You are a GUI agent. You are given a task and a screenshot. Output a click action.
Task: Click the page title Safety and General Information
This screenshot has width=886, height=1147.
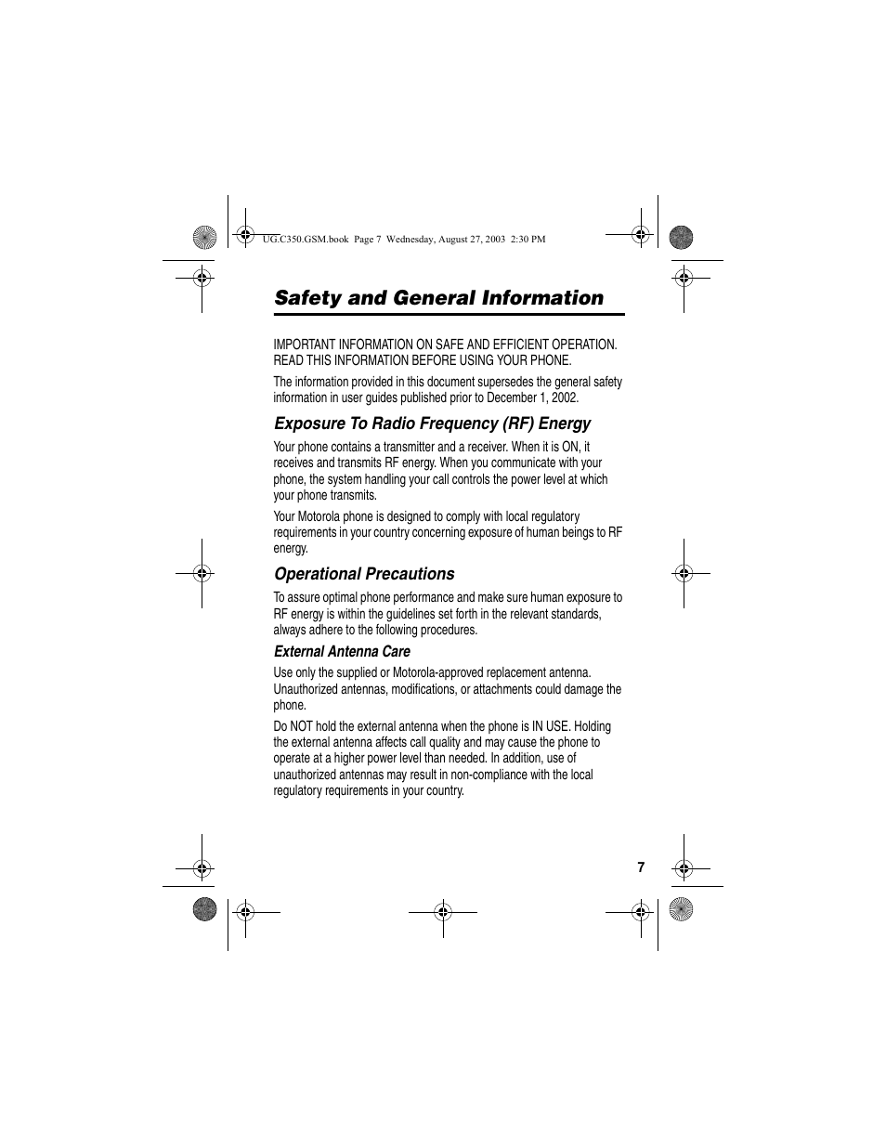(438, 298)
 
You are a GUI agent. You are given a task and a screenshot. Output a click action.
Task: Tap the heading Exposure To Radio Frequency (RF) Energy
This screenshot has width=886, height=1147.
(432, 424)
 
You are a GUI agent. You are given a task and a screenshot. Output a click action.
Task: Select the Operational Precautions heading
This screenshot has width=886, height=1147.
(364, 574)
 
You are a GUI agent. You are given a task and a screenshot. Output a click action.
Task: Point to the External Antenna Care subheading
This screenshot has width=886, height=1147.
(342, 652)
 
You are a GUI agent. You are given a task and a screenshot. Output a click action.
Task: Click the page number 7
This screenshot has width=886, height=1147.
(641, 867)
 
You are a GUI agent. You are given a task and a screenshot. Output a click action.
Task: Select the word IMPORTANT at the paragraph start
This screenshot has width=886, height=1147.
(307, 345)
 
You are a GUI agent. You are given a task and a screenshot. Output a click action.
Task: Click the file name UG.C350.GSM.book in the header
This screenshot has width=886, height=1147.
(306, 239)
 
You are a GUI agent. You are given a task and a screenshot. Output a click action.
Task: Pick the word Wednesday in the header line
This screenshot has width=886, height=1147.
(415, 239)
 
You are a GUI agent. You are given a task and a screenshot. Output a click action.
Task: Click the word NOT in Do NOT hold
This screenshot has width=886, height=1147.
(306, 726)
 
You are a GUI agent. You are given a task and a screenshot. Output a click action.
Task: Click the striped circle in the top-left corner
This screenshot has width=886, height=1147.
(204, 237)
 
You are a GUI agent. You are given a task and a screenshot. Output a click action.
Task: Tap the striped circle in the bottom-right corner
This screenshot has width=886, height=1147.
(681, 910)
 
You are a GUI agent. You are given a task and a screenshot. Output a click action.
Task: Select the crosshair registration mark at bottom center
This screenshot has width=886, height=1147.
(443, 912)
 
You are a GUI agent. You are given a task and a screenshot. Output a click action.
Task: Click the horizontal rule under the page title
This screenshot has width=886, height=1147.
(449, 315)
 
